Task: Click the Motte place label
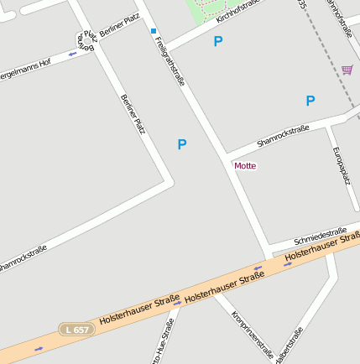[245, 166]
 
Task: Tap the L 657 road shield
[76, 330]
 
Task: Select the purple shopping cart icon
[347, 70]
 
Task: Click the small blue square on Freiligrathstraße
[154, 32]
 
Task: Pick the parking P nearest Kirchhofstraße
[218, 41]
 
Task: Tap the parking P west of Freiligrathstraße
[181, 144]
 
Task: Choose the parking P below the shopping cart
[310, 101]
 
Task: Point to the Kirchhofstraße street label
[238, 11]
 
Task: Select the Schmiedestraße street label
[321, 234]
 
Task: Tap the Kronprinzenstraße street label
[252, 335]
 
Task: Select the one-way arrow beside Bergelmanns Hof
[73, 54]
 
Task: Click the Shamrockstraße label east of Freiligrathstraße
[283, 135]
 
